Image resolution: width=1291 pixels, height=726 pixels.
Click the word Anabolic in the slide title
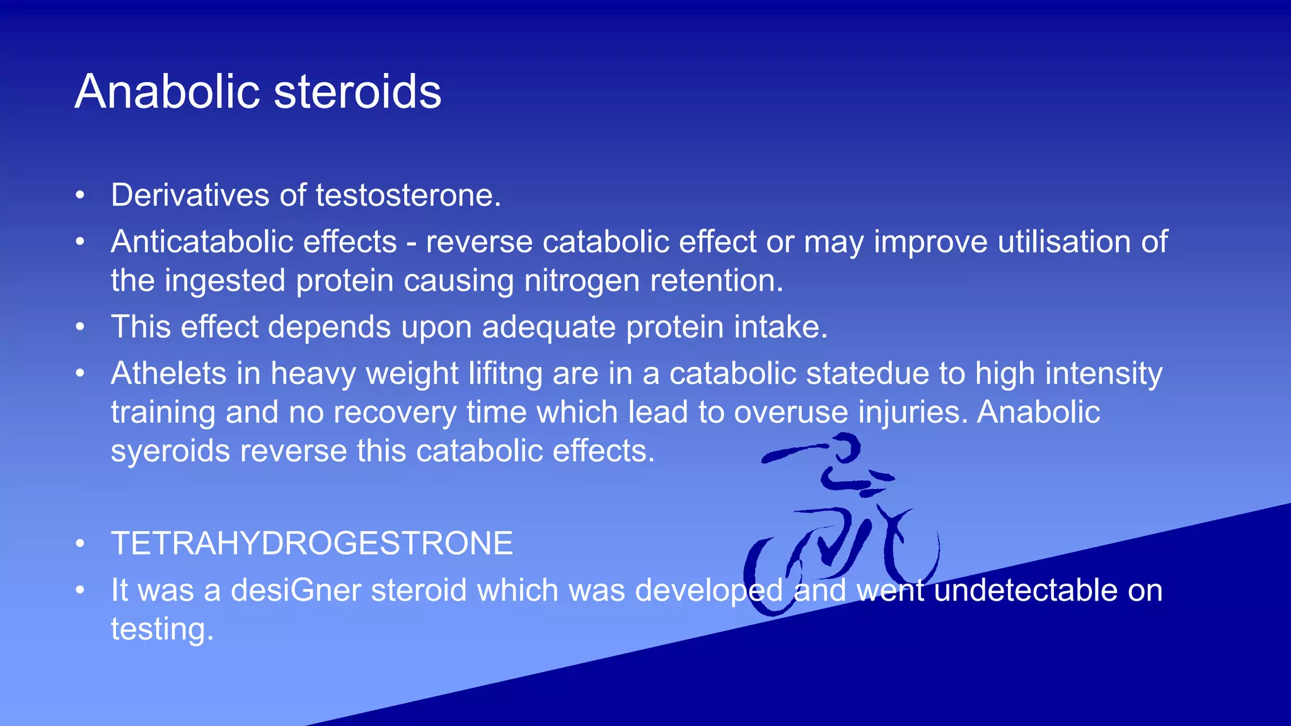pyautogui.click(x=167, y=92)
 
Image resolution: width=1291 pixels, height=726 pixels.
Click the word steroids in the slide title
pyautogui.click(x=357, y=92)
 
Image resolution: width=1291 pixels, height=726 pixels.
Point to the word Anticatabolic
pyautogui.click(x=253, y=242)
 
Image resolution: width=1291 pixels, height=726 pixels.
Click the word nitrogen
pyautogui.click(x=582, y=281)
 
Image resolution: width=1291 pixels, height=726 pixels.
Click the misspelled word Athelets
pyautogui.click(x=168, y=374)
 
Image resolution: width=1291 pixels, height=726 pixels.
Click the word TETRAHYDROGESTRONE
pyautogui.click(x=312, y=544)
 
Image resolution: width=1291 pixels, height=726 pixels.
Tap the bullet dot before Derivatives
pyautogui.click(x=79, y=195)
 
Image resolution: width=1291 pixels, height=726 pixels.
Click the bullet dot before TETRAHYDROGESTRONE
pyautogui.click(x=79, y=544)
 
